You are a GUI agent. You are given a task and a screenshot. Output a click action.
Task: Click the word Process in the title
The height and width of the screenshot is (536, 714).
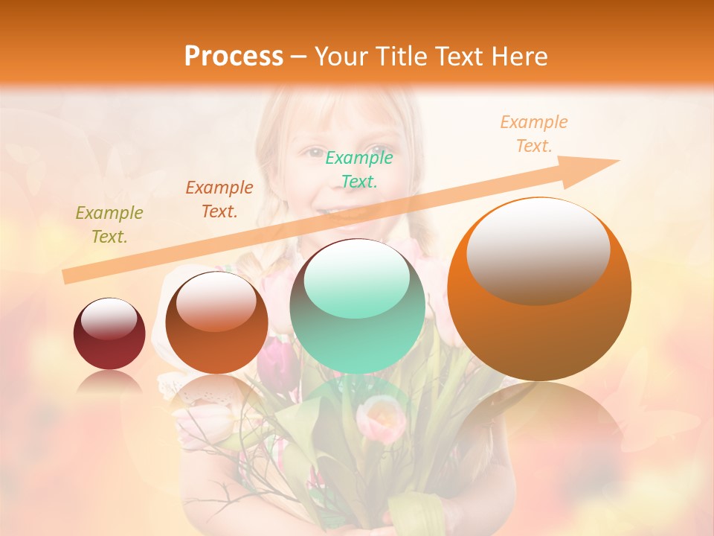[x=234, y=56]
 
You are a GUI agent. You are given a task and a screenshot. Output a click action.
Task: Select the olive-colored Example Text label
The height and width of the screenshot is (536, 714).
[x=109, y=225]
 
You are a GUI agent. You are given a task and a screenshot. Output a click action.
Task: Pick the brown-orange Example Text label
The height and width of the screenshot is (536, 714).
[x=219, y=200]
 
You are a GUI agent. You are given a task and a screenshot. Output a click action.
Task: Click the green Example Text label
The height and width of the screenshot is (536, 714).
[x=359, y=169]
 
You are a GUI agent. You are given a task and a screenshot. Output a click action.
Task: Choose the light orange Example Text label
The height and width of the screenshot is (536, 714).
[x=534, y=134]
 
